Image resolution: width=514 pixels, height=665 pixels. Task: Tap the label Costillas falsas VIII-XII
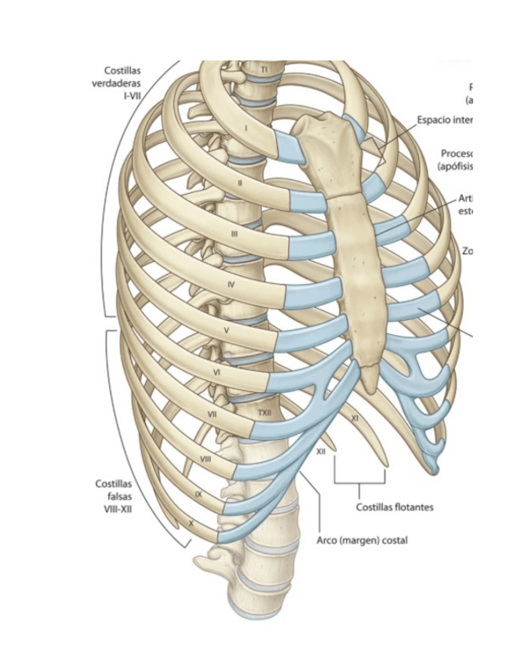point(114,496)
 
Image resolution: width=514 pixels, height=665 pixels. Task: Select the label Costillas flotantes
point(394,507)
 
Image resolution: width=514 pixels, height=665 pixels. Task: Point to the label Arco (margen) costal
point(362,540)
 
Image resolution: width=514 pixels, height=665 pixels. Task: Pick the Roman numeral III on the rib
point(235,234)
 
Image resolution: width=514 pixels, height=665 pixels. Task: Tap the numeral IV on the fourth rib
point(231,285)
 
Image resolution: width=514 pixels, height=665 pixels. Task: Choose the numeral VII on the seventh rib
point(212,413)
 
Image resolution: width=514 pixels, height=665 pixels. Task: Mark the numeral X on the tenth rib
point(191,521)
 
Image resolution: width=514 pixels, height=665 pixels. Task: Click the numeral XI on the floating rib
point(354,419)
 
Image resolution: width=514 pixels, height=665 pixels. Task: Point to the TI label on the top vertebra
point(265,70)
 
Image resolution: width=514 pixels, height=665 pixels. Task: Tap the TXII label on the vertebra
point(264,412)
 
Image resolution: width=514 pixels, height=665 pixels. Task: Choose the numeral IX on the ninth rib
point(198,494)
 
